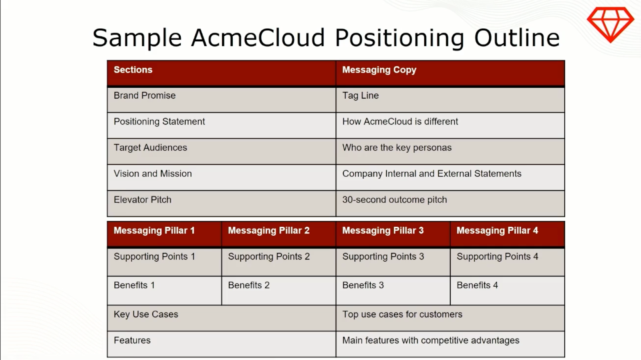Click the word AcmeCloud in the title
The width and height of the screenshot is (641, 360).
click(258, 38)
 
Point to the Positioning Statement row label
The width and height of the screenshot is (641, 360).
click(159, 121)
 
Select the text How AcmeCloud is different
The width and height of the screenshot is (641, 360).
click(400, 121)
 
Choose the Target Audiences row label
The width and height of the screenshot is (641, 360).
click(150, 147)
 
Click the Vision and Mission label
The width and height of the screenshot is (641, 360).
click(153, 173)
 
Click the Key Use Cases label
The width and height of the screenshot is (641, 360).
click(146, 314)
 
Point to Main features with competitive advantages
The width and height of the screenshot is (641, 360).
click(431, 340)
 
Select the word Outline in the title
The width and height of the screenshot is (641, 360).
click(517, 38)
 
